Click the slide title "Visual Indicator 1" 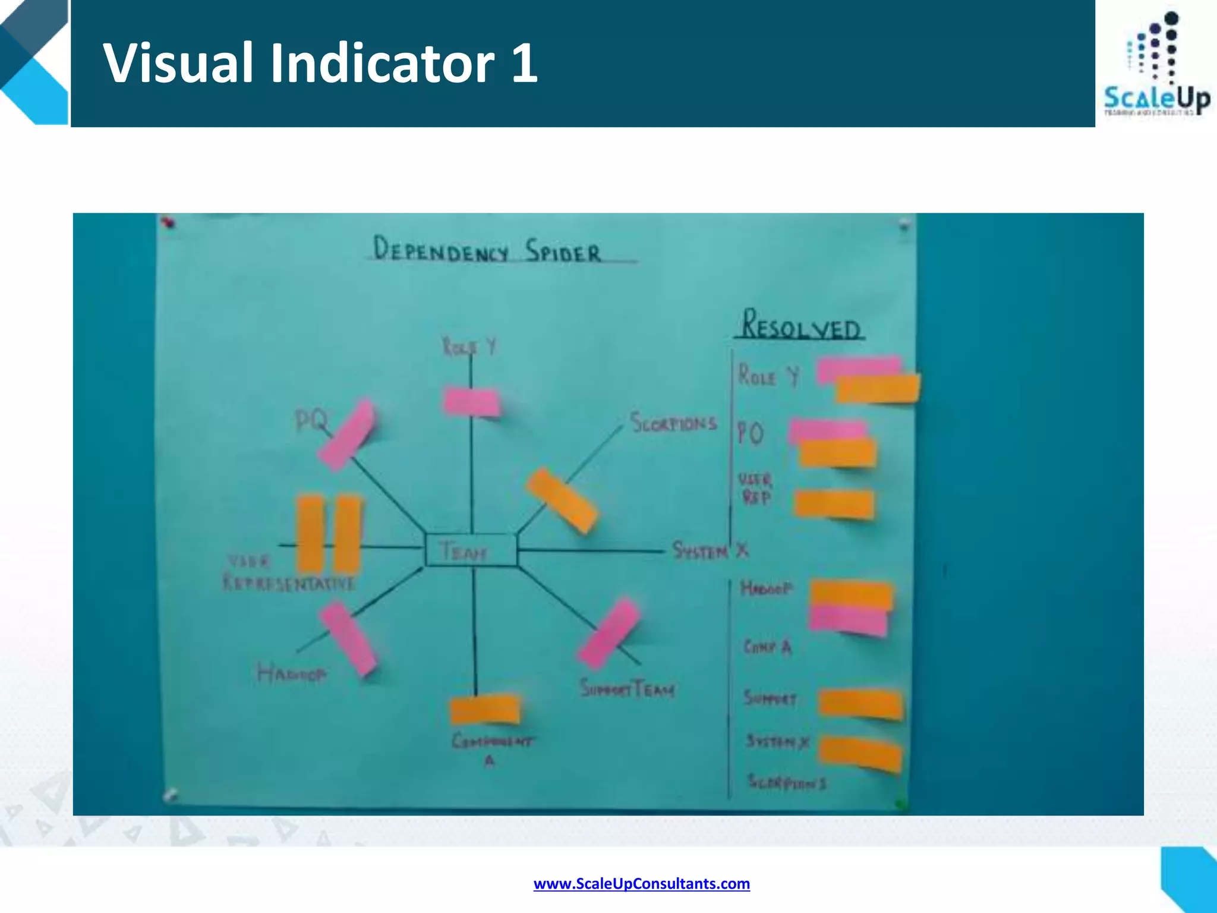pyautogui.click(x=321, y=63)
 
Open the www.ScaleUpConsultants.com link pyautogui.click(x=641, y=884)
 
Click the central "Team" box pyautogui.click(x=471, y=550)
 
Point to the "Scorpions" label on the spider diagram pyautogui.click(x=673, y=423)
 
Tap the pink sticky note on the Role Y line pyautogui.click(x=471, y=402)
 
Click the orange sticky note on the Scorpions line pyautogui.click(x=561, y=500)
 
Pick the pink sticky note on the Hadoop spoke pyautogui.click(x=348, y=638)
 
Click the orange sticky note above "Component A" pyautogui.click(x=485, y=710)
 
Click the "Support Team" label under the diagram pyautogui.click(x=627, y=689)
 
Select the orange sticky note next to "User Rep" pyautogui.click(x=834, y=505)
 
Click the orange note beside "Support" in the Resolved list pyautogui.click(x=861, y=704)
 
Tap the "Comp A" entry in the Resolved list pyautogui.click(x=767, y=647)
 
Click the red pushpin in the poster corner pyautogui.click(x=169, y=223)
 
